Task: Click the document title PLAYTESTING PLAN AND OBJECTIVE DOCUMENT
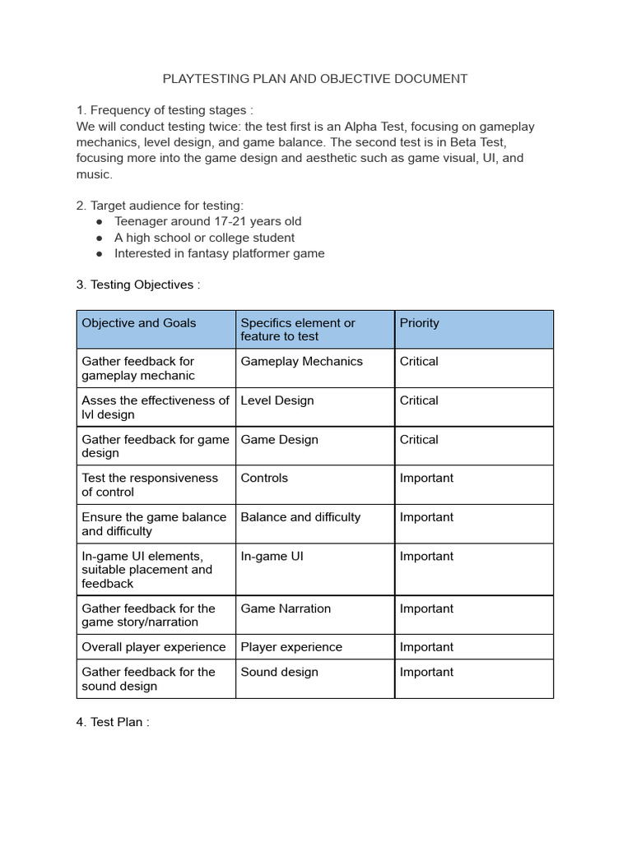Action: [x=315, y=79]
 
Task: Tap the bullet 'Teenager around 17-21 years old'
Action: [x=207, y=221]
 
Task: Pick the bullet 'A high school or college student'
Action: [x=204, y=238]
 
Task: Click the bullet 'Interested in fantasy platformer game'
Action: [x=219, y=253]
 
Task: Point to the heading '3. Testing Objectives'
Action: [x=137, y=285]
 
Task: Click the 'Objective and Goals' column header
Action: [x=139, y=323]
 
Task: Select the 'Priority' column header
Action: [x=420, y=323]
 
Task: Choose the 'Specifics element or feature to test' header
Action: [x=298, y=330]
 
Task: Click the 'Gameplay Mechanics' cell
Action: [x=301, y=362]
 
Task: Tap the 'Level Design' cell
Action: [x=277, y=400]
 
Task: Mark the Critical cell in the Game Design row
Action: [x=419, y=440]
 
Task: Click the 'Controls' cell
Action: [x=264, y=478]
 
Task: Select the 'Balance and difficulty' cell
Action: [x=300, y=517]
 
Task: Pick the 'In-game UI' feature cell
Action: [x=272, y=557]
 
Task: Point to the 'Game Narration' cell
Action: [x=286, y=608]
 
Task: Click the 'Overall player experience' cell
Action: [x=154, y=647]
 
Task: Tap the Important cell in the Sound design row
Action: [x=426, y=672]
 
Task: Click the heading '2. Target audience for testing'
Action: [x=160, y=206]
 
